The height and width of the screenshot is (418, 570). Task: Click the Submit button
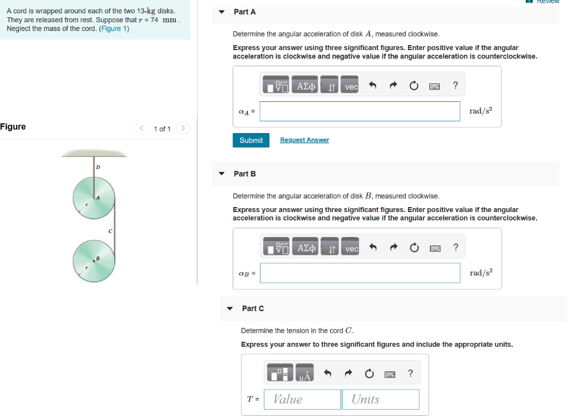pyautogui.click(x=251, y=140)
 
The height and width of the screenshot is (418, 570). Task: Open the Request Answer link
pyautogui.click(x=304, y=140)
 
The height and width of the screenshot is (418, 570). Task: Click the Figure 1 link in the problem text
pyautogui.click(x=114, y=29)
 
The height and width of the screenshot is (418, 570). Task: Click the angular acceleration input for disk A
pyautogui.click(x=360, y=111)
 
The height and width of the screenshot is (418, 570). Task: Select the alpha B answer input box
pyautogui.click(x=360, y=273)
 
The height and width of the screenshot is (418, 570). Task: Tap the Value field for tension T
pyautogui.click(x=302, y=400)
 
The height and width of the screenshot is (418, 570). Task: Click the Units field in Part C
pyautogui.click(x=381, y=400)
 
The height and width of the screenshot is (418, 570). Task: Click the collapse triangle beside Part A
pyautogui.click(x=222, y=12)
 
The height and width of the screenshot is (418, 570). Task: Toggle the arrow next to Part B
pyautogui.click(x=222, y=174)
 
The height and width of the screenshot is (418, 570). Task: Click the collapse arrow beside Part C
pyautogui.click(x=230, y=308)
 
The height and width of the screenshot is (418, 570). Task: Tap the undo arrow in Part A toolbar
pyautogui.click(x=372, y=85)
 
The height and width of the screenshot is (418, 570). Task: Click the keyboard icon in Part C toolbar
pyautogui.click(x=390, y=374)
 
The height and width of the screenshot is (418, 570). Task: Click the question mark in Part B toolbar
pyautogui.click(x=456, y=247)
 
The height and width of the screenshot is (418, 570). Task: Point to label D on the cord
pyautogui.click(x=98, y=167)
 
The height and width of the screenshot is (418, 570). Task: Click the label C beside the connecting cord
pyautogui.click(x=110, y=231)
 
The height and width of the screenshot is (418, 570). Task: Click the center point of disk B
pyautogui.click(x=94, y=261)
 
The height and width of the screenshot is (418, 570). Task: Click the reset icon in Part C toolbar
pyautogui.click(x=369, y=373)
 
